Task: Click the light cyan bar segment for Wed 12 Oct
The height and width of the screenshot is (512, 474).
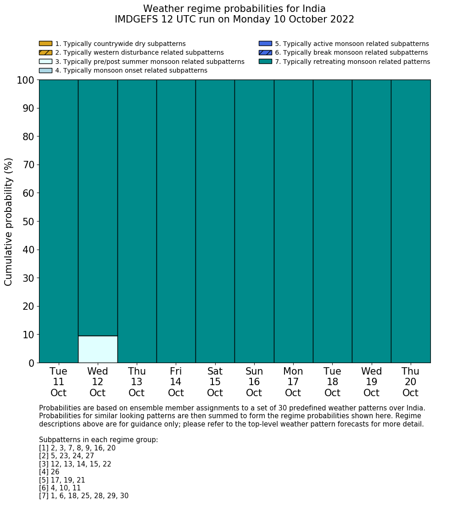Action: click(98, 349)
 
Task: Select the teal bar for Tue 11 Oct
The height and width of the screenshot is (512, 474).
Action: click(59, 221)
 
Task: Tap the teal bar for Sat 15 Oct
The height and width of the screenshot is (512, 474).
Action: click(215, 221)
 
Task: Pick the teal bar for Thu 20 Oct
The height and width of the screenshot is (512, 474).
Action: click(411, 221)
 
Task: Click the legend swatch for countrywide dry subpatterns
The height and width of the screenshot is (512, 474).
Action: click(45, 44)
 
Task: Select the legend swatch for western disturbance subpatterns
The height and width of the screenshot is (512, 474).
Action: click(45, 52)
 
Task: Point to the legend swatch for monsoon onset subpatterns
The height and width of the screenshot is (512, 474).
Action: click(45, 70)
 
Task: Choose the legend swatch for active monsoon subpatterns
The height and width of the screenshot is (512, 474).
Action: click(265, 44)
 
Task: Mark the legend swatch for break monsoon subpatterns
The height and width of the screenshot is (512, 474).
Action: click(265, 52)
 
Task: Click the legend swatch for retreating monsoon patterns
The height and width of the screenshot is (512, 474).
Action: click(265, 62)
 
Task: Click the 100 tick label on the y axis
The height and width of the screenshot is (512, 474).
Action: click(26, 80)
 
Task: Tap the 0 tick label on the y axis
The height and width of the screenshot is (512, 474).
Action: click(31, 364)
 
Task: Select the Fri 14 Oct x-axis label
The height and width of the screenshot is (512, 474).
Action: click(176, 382)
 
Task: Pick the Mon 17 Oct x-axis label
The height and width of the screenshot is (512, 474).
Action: click(293, 382)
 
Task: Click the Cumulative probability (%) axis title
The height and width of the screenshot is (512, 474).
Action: click(9, 222)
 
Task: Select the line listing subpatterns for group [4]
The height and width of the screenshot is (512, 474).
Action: click(49, 472)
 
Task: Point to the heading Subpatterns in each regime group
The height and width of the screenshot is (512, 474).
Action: click(98, 440)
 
